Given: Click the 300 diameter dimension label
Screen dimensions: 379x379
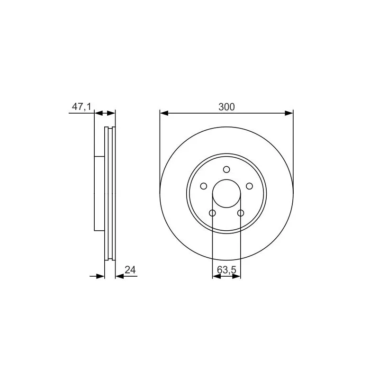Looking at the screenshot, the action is (x=226, y=107).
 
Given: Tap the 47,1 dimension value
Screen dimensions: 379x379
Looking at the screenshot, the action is (x=81, y=106).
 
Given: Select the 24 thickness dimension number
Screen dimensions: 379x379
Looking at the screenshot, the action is (x=130, y=270).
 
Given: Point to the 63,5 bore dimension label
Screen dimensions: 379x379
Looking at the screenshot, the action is (x=226, y=270).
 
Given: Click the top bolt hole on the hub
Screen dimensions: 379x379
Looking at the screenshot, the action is (x=226, y=170).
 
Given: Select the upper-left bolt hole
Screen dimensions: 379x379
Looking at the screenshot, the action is (x=204, y=186).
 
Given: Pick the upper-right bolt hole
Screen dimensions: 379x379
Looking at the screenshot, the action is (x=249, y=186).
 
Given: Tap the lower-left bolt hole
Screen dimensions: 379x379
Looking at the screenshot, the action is (x=212, y=213).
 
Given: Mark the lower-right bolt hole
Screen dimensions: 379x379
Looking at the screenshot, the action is (x=241, y=213).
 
